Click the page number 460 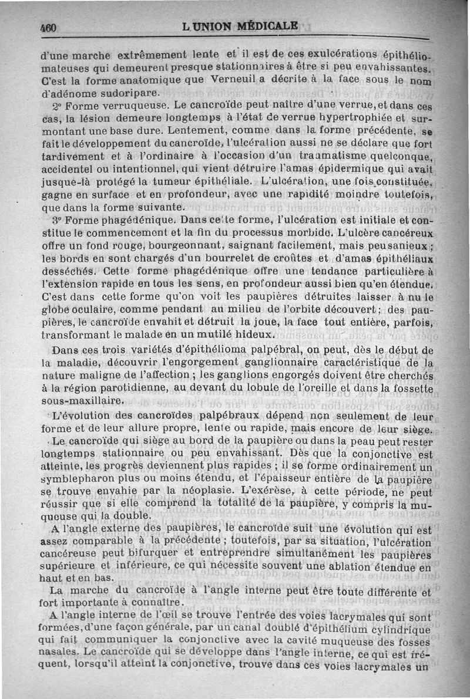click(48, 28)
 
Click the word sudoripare click(126, 93)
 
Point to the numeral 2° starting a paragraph click(57, 106)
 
